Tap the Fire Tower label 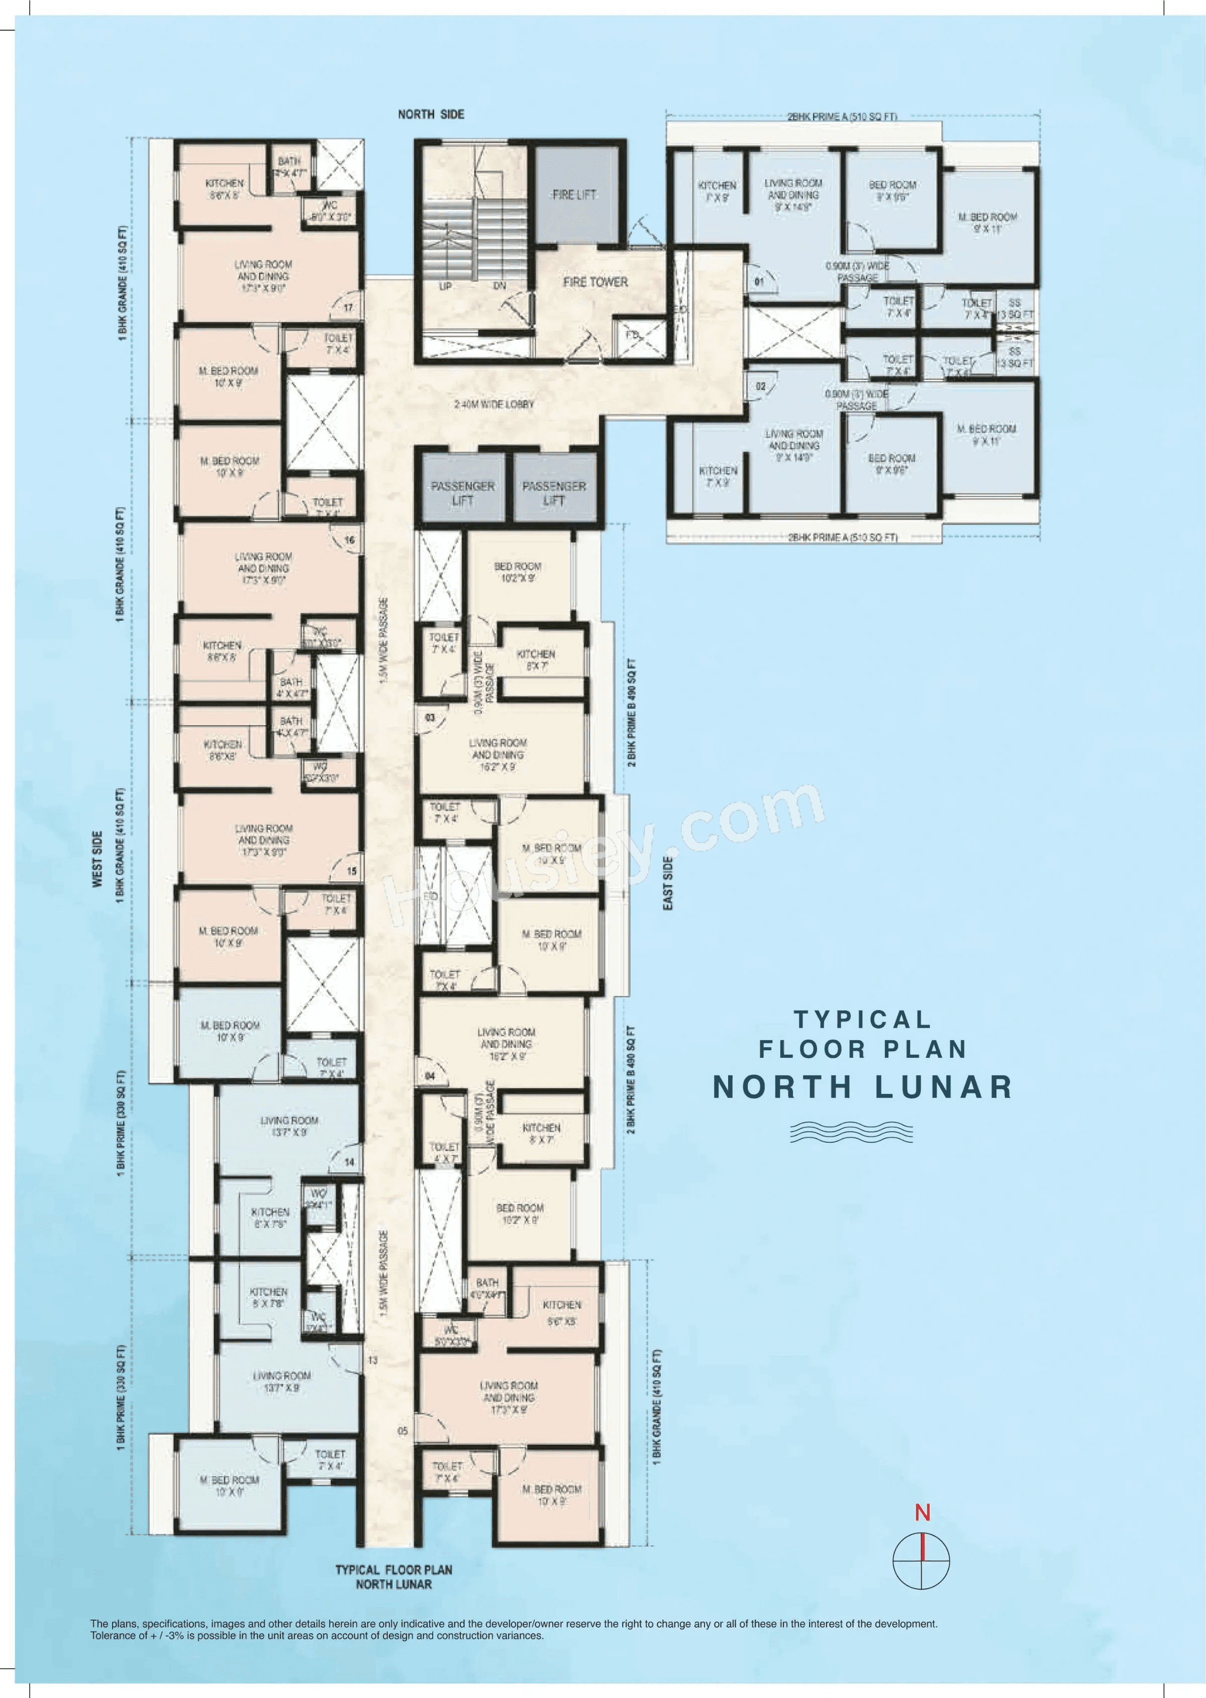[x=595, y=282]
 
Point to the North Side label [x=431, y=115]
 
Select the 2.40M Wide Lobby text [x=494, y=405]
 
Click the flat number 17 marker [x=348, y=308]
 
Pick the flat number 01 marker [x=759, y=282]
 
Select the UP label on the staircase [x=446, y=286]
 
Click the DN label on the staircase [x=500, y=286]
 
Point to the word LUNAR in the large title [x=943, y=1087]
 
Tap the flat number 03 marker [x=430, y=718]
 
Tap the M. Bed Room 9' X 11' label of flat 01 [x=987, y=223]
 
